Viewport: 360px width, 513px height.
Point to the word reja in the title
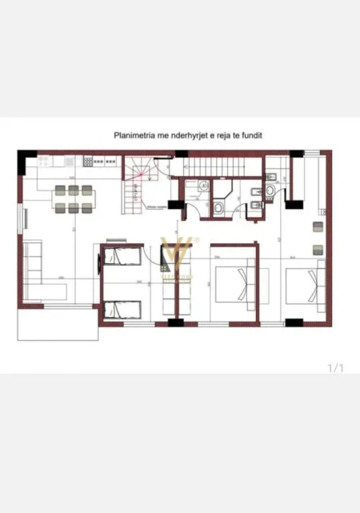(x=221, y=136)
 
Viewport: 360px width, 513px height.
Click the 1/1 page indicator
(x=335, y=368)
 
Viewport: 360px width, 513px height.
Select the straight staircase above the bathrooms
(x=216, y=165)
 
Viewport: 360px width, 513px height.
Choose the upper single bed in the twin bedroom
(x=122, y=258)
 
